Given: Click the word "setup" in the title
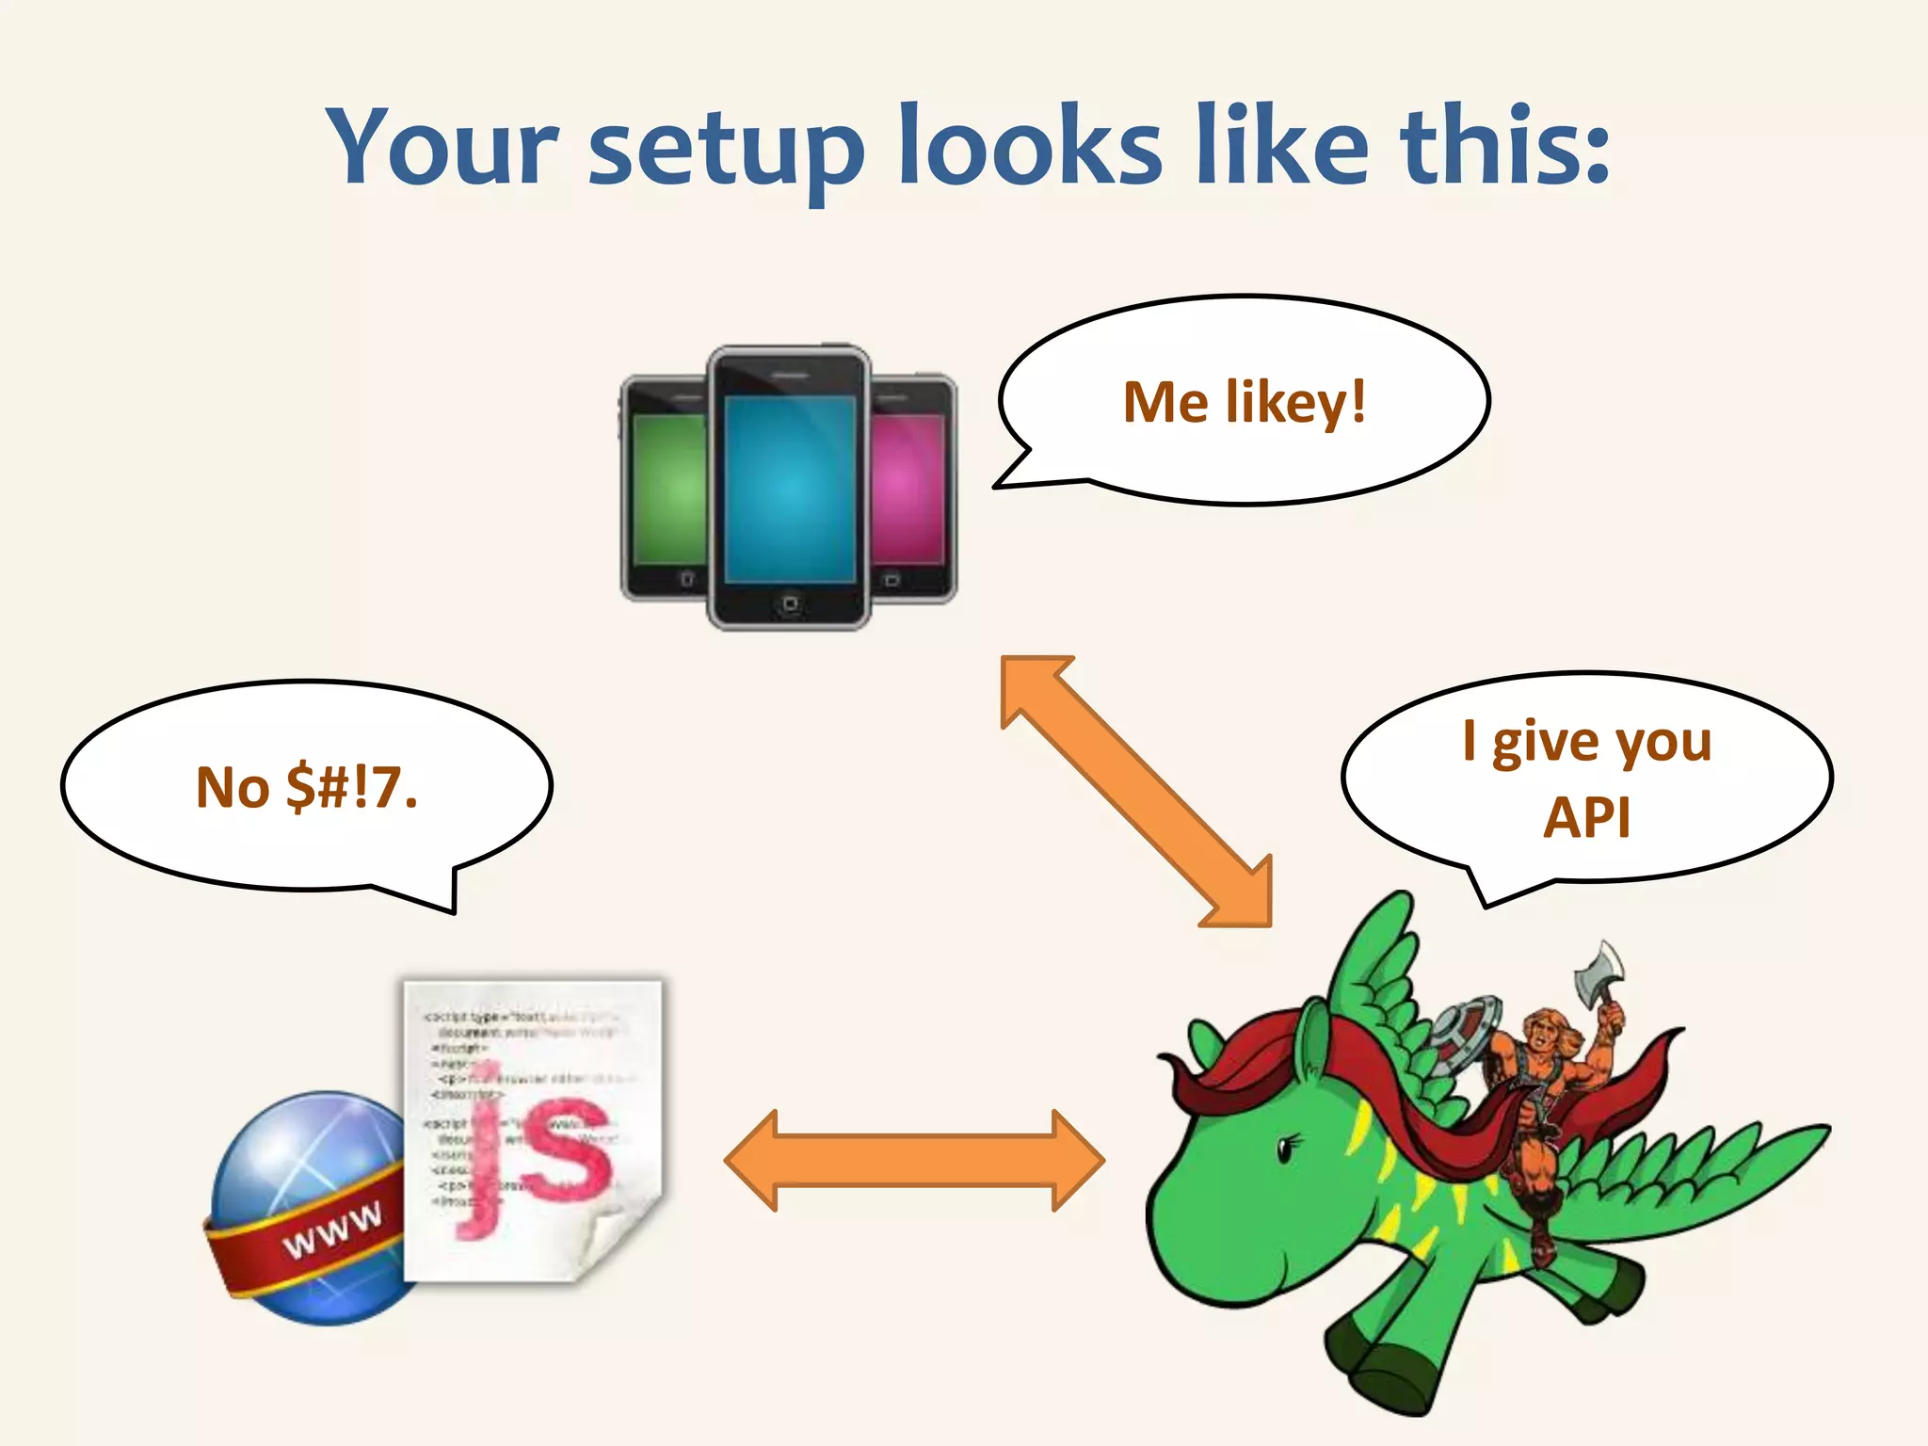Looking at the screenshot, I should click(x=726, y=151).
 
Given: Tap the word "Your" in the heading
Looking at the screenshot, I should click(x=442, y=146).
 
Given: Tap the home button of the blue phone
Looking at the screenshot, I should click(x=790, y=603).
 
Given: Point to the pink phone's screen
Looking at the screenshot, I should click(x=906, y=490).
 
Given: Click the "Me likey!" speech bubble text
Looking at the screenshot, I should click(x=1244, y=403).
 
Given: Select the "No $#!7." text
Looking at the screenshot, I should click(x=306, y=787).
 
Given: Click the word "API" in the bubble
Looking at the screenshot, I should click(x=1586, y=817).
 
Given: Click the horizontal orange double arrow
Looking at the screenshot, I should click(x=914, y=1160).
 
